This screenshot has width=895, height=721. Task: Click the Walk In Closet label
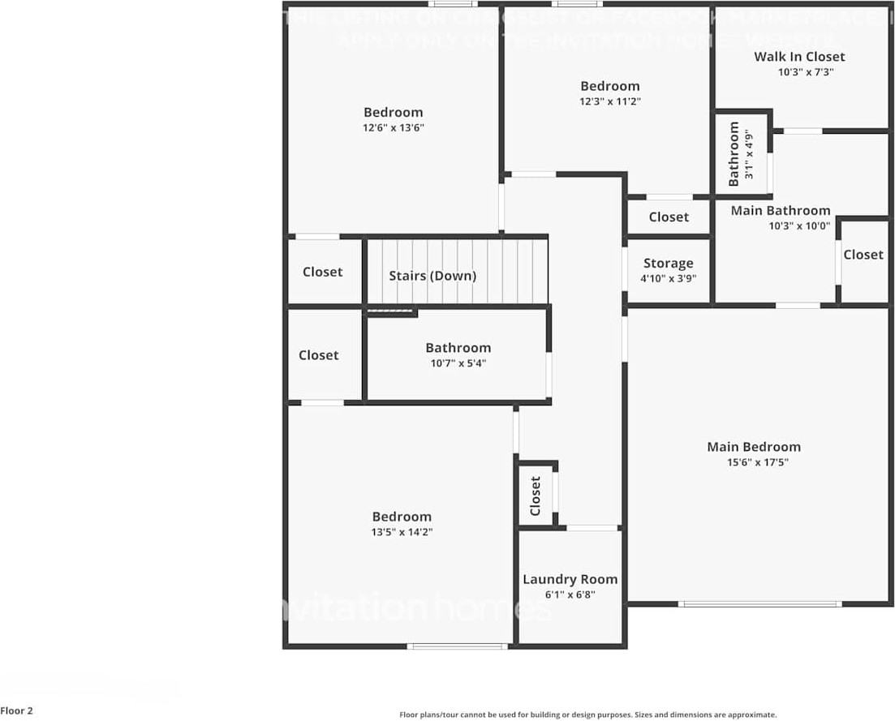point(799,56)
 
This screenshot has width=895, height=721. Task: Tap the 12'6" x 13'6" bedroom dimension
point(394,128)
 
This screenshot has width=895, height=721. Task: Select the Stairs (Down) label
point(432,276)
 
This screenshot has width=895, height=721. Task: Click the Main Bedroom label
point(753,447)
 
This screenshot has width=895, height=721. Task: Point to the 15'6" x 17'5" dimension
point(758,462)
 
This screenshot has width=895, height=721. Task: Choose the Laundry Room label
point(570,579)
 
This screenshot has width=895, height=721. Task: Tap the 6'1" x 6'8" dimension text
point(570,594)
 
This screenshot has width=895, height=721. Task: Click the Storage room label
point(668,263)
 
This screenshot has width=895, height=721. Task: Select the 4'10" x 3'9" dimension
point(668,278)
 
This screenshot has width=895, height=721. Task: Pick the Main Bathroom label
point(781,210)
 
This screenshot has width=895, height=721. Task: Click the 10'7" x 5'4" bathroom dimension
point(458,363)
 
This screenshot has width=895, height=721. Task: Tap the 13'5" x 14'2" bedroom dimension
point(402,532)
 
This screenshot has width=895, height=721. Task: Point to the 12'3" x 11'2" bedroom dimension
point(609,101)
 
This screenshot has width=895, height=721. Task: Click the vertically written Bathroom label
point(735,153)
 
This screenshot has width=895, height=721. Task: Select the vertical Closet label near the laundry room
point(536,496)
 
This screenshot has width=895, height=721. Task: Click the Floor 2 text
point(17,710)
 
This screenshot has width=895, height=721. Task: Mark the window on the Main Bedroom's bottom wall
point(759,603)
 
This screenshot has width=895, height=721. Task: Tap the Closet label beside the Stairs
point(322,272)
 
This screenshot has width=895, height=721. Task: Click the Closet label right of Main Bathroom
point(863,255)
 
